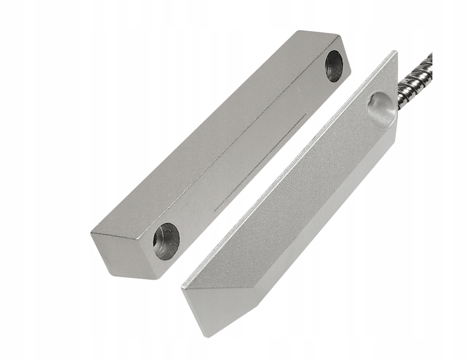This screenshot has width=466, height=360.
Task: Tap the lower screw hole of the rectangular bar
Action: click(x=166, y=241)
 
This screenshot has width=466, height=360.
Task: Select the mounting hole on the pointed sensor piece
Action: click(x=381, y=109)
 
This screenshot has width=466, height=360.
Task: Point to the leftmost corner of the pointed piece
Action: click(x=182, y=288)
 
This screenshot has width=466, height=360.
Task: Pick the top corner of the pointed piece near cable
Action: click(x=394, y=52)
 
